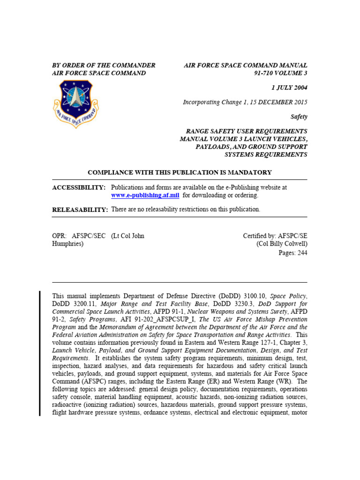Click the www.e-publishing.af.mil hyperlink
[x=145, y=195]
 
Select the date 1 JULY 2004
[x=289, y=88]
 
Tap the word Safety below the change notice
[x=298, y=116]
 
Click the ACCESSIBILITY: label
[x=79, y=187]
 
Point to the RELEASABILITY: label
[x=80, y=210]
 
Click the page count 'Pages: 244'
[x=293, y=253]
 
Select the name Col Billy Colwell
[x=282, y=244]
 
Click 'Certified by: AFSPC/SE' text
[x=275, y=236]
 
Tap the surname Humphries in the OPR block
[x=67, y=244]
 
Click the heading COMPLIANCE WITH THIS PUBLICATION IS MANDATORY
[x=180, y=172]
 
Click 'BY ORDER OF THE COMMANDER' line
[x=104, y=65]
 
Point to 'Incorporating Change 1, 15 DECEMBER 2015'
[x=245, y=102]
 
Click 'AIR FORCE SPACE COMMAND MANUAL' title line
[x=245, y=65]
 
